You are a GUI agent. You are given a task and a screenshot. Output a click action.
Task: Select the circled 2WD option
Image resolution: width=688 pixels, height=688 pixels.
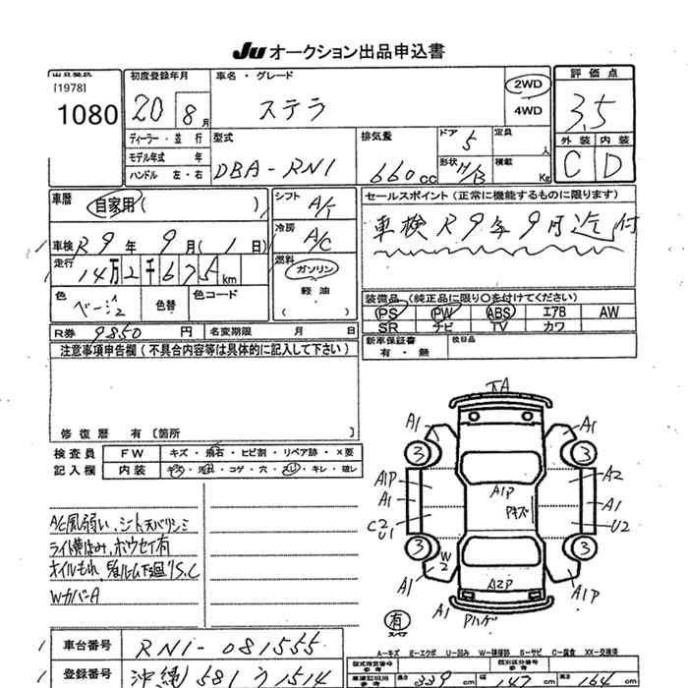(527, 86)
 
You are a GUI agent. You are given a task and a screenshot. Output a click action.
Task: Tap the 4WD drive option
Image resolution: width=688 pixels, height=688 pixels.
(528, 110)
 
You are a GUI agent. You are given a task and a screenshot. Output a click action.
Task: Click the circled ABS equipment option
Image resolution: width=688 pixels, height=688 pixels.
(499, 312)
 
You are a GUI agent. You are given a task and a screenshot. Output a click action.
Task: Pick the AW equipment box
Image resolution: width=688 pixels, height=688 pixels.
(608, 312)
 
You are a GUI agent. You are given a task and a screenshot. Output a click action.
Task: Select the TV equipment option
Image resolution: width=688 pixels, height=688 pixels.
(499, 325)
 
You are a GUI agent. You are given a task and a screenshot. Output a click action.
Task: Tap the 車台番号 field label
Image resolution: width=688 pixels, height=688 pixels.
(88, 646)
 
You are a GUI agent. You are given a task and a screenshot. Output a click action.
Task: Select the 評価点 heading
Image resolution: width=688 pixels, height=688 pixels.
(601, 74)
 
